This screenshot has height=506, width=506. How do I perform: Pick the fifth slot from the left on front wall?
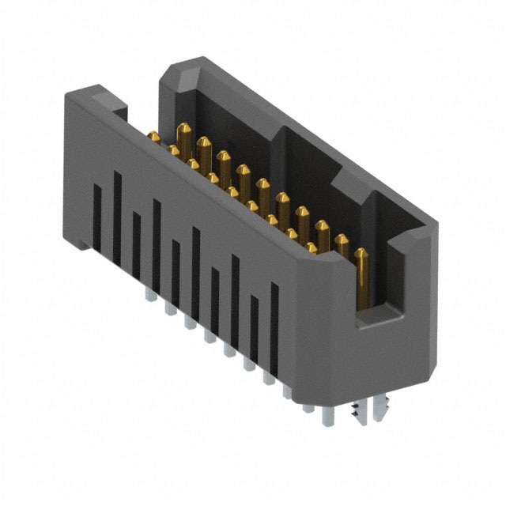pos(176,261)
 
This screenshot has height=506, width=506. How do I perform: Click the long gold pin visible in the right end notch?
pos(361,277)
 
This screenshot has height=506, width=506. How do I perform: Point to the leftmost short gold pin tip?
pos(153,138)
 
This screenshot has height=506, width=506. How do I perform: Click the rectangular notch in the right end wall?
pos(379,285)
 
